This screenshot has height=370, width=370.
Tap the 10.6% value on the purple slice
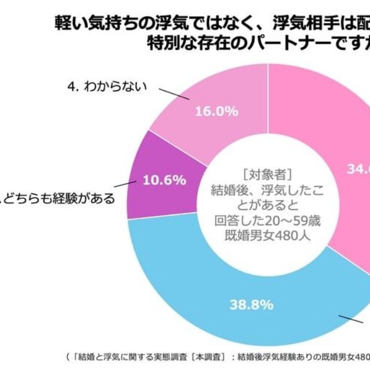165,180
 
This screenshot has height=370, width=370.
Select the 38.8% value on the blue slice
251,305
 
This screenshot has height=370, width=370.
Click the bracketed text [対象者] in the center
268,174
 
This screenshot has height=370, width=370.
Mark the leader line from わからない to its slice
173,94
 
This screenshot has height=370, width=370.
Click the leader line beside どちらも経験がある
124,185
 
